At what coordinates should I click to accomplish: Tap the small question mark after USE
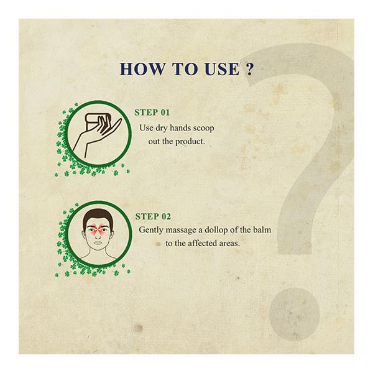pyautogui.click(x=249, y=69)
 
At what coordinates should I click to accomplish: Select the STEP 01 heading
pyautogui.click(x=152, y=113)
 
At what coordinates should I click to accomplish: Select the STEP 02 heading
pyautogui.click(x=153, y=216)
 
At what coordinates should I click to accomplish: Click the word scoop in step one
pyautogui.click(x=204, y=129)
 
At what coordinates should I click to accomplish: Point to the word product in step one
pyautogui.click(x=190, y=142)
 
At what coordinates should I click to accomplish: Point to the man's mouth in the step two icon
pyautogui.click(x=98, y=243)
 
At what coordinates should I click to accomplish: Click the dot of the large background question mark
pyautogui.click(x=295, y=314)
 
